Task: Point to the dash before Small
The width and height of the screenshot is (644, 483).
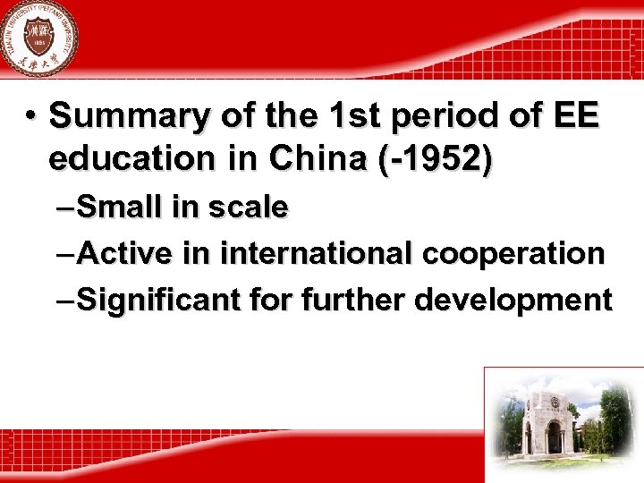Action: (x=65, y=208)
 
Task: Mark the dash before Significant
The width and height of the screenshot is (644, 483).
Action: (x=65, y=301)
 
